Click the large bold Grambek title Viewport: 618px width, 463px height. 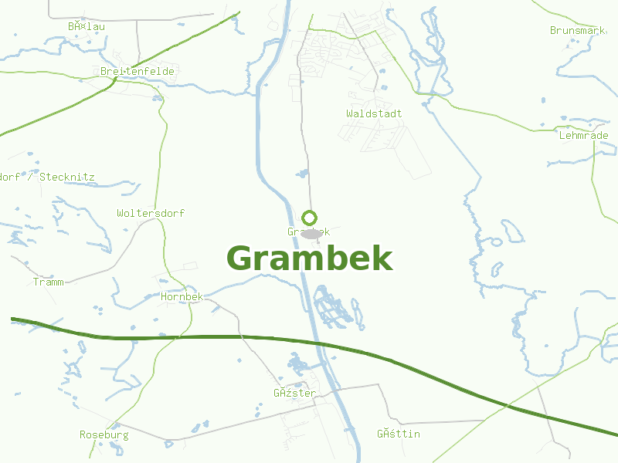coord(310,259)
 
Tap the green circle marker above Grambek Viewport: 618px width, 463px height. coord(310,218)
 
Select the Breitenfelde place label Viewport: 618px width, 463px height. coord(138,71)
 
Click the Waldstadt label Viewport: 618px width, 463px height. coord(374,113)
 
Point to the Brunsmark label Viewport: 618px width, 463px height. coord(577,30)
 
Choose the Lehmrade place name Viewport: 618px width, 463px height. coord(583,135)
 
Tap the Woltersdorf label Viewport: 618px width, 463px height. coord(151,213)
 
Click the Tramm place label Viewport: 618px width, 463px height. coord(49,282)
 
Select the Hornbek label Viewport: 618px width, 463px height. coord(182,296)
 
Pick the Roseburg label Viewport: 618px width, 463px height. coord(104,434)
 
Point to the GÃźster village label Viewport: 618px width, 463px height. coord(294,393)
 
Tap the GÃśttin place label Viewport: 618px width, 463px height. coord(399,434)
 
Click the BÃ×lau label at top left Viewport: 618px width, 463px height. coord(86,26)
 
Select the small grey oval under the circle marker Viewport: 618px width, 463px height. coord(311,233)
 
